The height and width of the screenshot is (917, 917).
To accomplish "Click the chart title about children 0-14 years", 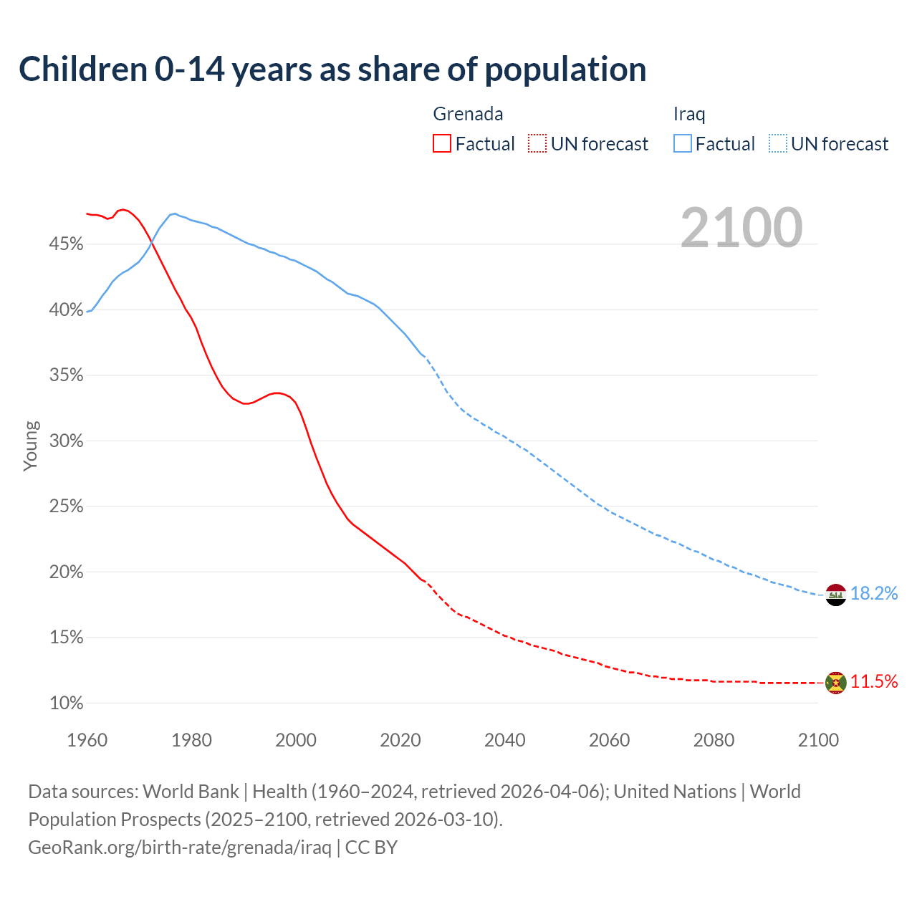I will tap(332, 69).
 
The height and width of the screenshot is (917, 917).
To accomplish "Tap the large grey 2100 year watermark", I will tap(741, 228).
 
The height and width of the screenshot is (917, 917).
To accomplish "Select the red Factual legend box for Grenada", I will tap(442, 144).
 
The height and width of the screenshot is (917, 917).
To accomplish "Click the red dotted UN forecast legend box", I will tap(537, 144).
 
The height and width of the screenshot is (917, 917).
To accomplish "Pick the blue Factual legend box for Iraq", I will tap(683, 144).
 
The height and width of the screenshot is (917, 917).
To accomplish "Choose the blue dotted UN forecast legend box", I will tap(778, 144).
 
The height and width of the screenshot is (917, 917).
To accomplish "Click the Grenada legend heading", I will tap(468, 114).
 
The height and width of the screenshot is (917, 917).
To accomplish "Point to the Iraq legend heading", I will tap(689, 114).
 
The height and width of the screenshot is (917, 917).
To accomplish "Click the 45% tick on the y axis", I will tap(66, 244).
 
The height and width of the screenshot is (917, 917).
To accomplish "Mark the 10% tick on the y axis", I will tap(66, 704).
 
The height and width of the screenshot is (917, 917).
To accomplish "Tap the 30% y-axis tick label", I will tap(66, 441).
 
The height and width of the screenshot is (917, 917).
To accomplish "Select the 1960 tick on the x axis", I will tap(87, 740).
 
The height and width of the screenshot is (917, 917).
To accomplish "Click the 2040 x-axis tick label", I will tap(504, 740).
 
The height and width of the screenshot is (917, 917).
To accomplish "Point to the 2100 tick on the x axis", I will tap(817, 740).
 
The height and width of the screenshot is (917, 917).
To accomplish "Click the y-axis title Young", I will tap(30, 446).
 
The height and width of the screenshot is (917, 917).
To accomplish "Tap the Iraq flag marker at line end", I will tap(836, 595).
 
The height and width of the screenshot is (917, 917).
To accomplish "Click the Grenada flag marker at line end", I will tap(836, 683).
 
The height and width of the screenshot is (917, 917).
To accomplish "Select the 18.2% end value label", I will tap(874, 594).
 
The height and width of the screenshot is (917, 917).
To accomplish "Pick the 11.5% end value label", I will tap(874, 682).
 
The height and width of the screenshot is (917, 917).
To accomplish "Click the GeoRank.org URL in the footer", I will tap(180, 848).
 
